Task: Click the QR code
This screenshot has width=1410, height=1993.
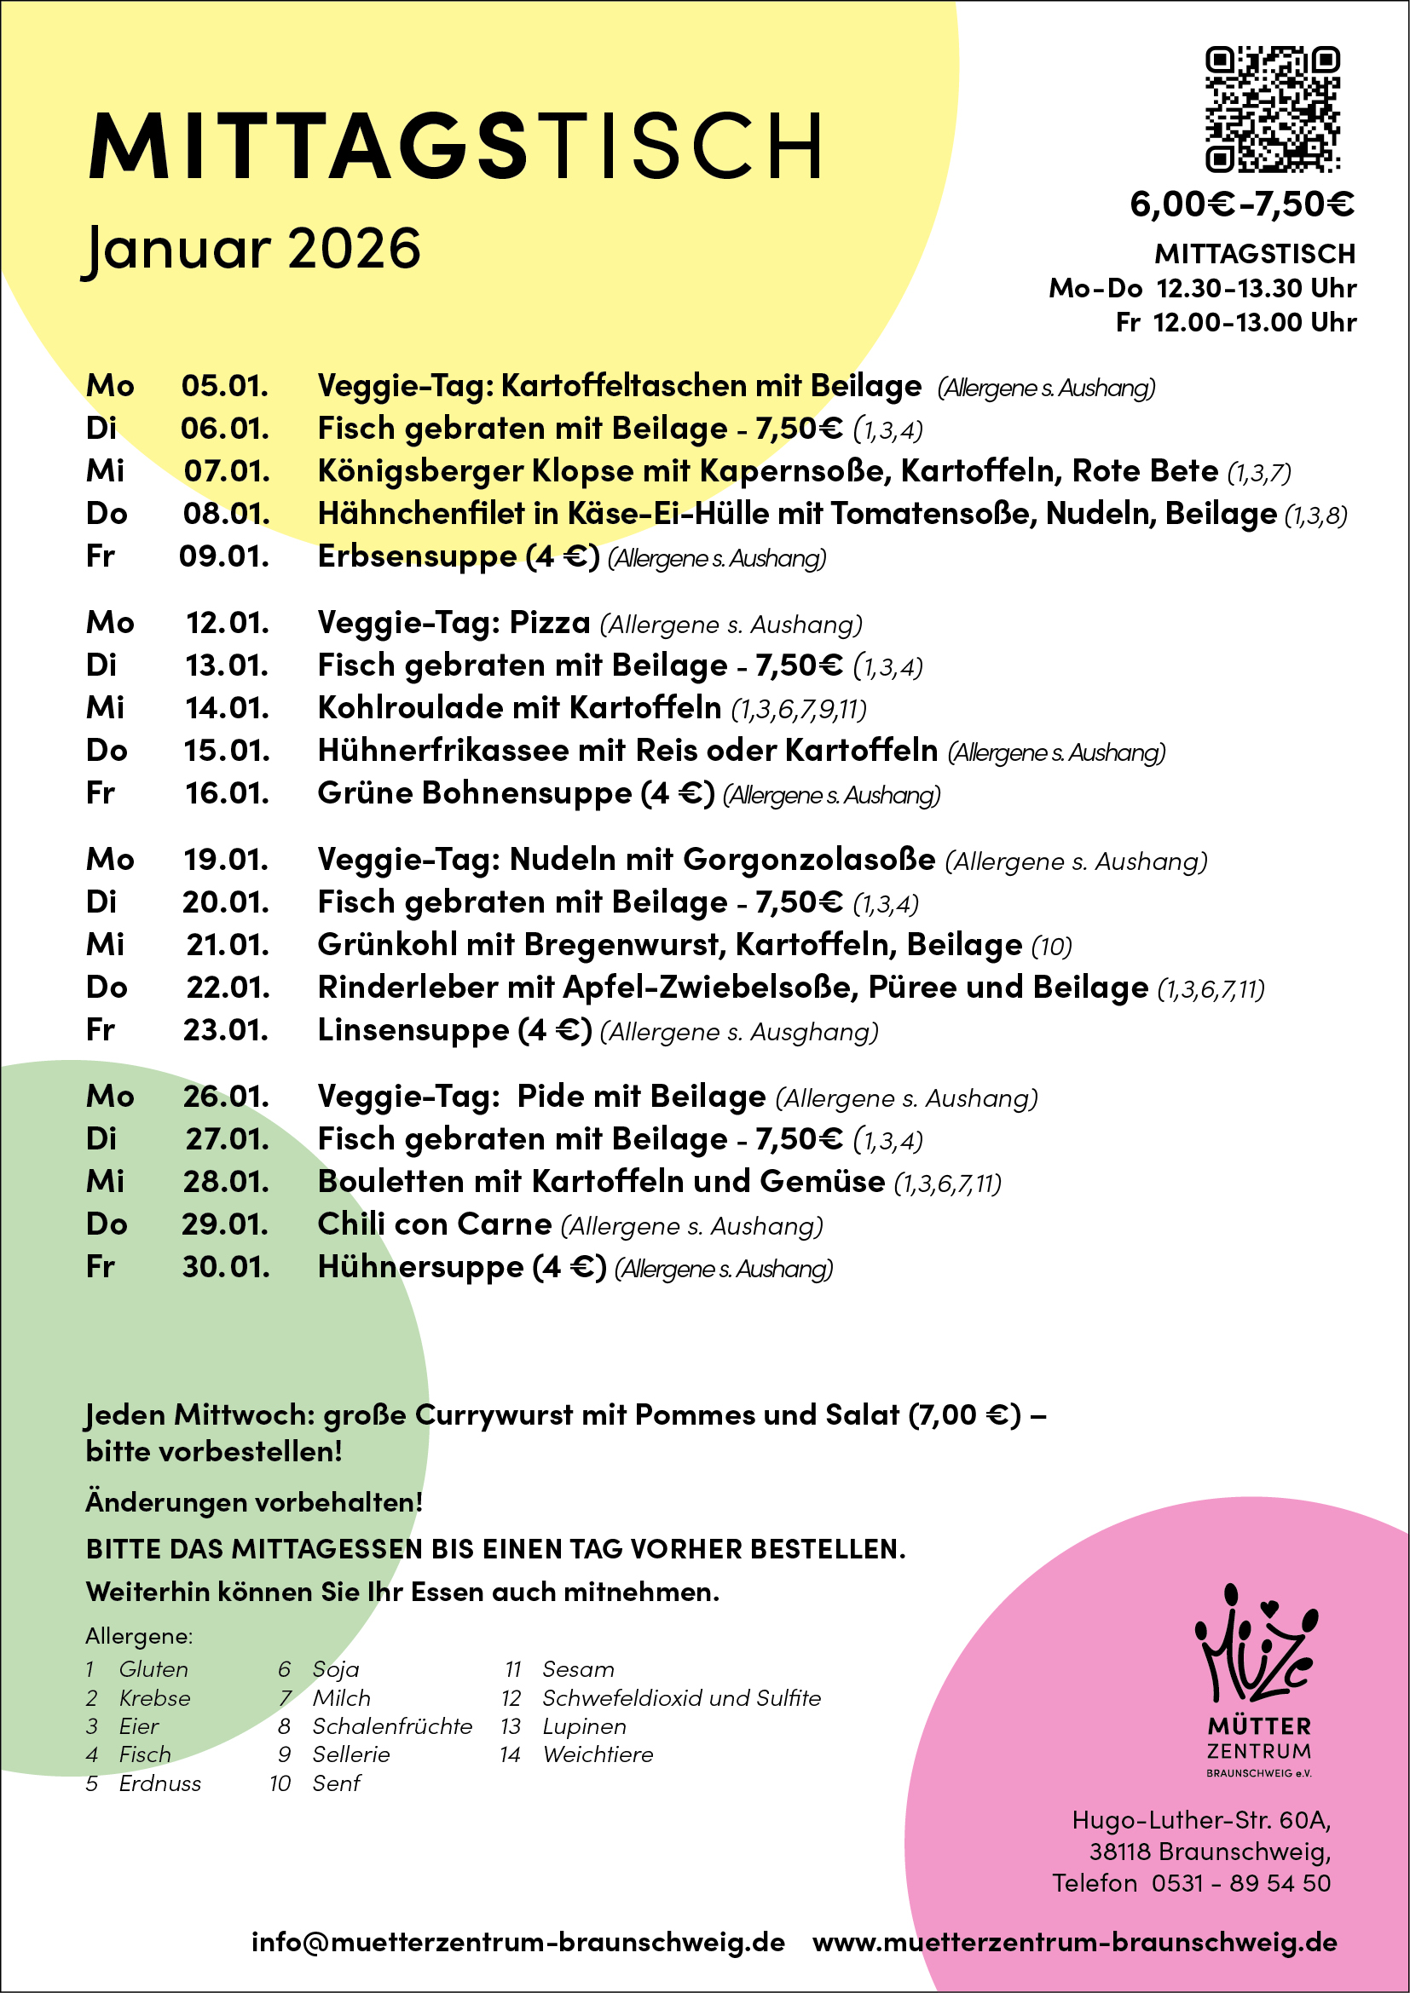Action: (1272, 109)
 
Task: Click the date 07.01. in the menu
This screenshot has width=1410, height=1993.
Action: (227, 471)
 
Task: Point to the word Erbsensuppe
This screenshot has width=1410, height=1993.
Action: (417, 556)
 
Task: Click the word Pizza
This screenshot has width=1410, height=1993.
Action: (550, 622)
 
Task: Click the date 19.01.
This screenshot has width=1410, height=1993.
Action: (226, 860)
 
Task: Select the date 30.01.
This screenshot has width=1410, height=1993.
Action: (226, 1266)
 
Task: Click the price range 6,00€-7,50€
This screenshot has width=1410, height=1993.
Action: (1241, 204)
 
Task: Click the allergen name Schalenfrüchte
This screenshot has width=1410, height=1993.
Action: (392, 1726)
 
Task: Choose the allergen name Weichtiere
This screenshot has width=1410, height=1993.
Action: (598, 1755)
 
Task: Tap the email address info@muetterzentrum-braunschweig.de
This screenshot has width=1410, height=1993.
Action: (518, 1942)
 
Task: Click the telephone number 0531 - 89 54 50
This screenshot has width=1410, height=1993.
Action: (1240, 1884)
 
